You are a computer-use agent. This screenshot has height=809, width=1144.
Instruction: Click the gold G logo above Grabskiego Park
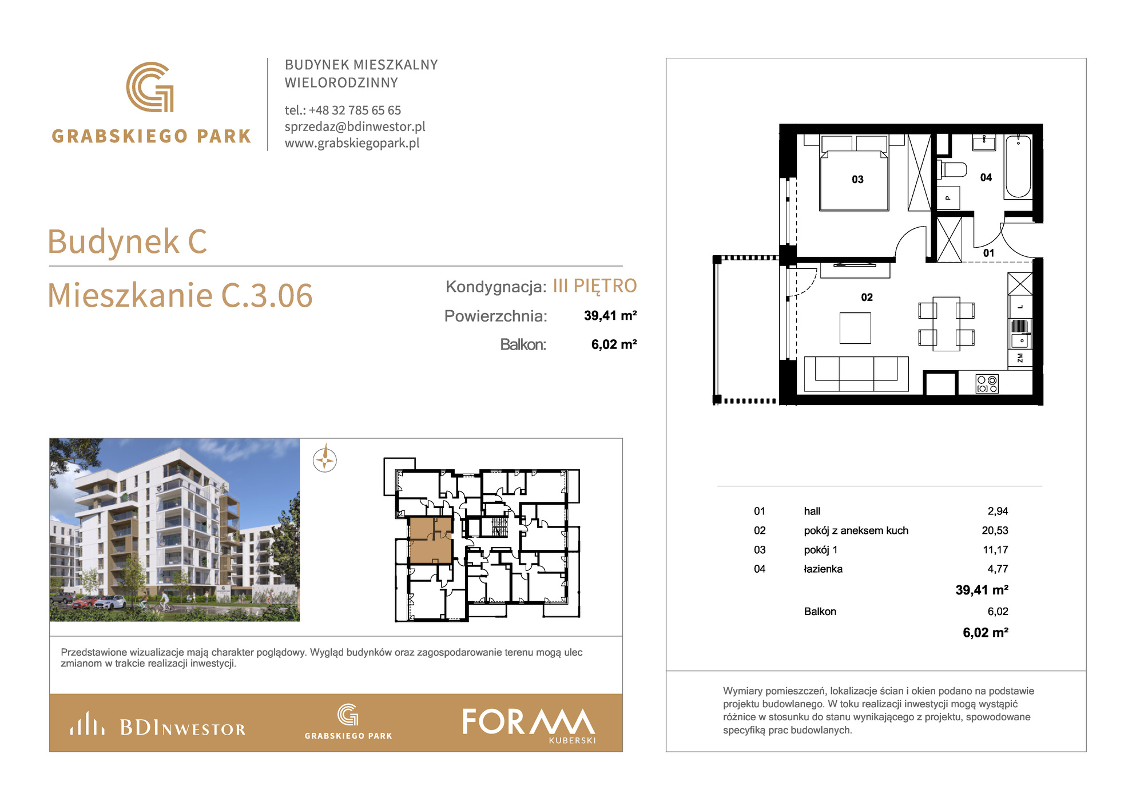pos(150,87)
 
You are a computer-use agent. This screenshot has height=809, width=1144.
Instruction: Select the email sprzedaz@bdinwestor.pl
pos(355,126)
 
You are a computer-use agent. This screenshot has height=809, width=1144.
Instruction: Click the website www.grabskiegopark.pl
pos(352,143)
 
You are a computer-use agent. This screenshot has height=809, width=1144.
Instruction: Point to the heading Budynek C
pos(127,241)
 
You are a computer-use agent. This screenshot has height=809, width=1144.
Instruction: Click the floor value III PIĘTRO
pos(595,285)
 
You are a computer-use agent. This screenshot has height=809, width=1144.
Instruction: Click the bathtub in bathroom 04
pos(1018,166)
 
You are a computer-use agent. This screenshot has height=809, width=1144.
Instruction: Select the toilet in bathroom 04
pos(952,169)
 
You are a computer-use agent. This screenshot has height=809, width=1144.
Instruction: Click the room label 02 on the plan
pos(867,297)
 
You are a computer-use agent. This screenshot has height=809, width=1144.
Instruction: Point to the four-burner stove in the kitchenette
pos(987,383)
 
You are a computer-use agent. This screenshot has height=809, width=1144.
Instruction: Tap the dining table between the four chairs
pos(946,323)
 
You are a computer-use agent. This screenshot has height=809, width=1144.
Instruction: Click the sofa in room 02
pos(856,374)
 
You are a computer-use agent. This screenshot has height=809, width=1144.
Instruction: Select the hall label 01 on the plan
pos(989,253)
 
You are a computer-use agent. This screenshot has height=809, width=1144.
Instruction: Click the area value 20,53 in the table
pos(995,530)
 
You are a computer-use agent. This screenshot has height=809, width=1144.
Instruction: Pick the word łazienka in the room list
pos(823,569)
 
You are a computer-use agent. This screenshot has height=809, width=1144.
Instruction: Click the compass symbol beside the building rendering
pos(325,459)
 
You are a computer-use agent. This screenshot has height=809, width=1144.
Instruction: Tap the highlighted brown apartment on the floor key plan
pos(430,540)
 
